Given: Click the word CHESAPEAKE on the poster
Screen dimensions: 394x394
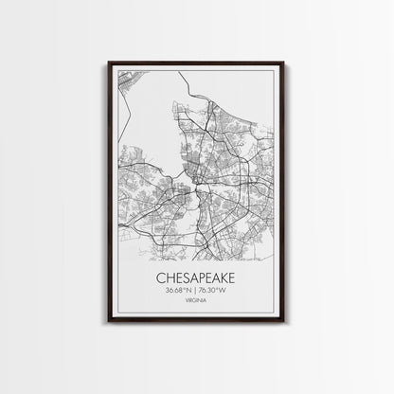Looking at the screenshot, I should [197, 278].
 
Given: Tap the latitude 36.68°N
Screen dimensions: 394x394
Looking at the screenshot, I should [179, 292].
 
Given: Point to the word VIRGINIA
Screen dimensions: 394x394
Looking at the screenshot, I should [197, 304].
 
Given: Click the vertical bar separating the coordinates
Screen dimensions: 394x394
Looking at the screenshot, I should [197, 292].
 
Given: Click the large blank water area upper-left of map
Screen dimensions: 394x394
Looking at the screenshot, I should [142, 104].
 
